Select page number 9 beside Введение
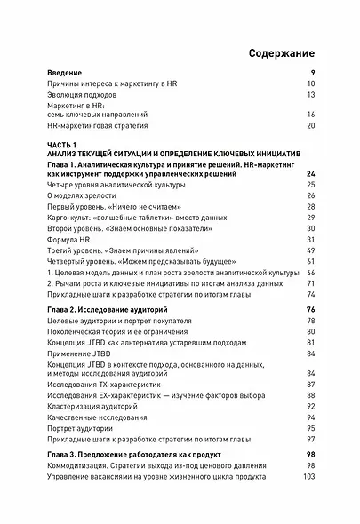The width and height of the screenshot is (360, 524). (x=312, y=72)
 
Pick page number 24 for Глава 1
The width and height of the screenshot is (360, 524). (x=310, y=175)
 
